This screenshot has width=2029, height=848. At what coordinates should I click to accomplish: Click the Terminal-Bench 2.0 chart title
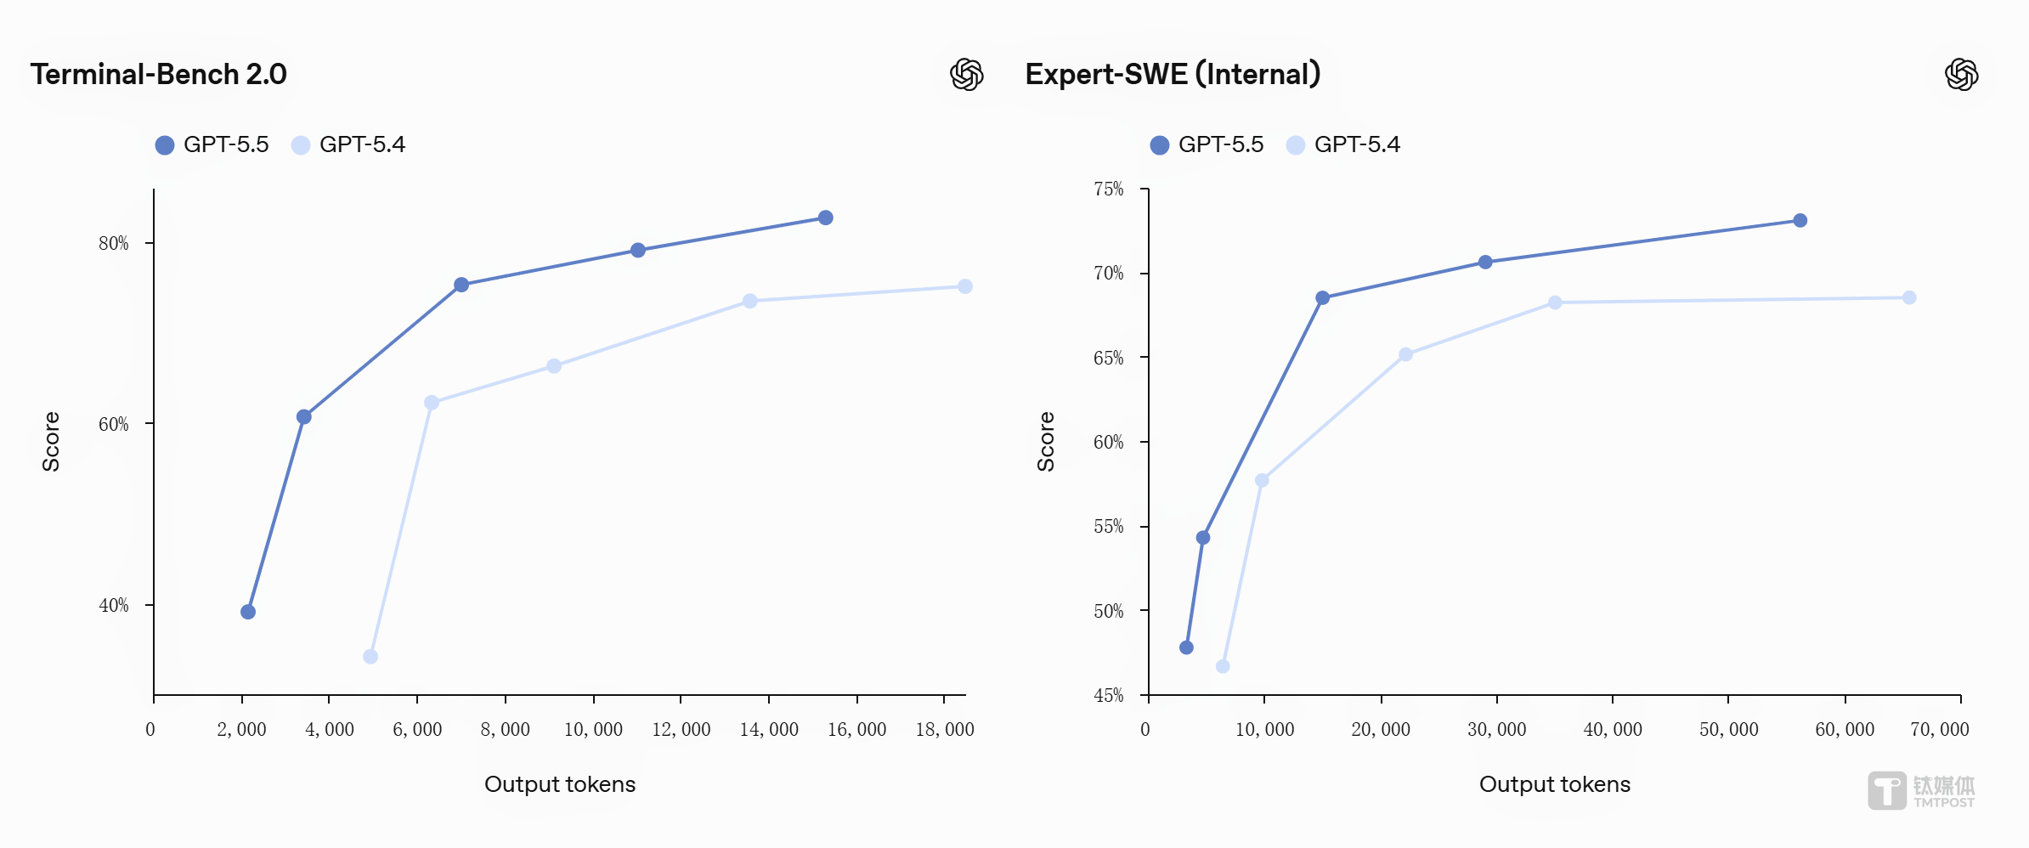159,75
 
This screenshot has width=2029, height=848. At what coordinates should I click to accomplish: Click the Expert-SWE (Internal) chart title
1173,75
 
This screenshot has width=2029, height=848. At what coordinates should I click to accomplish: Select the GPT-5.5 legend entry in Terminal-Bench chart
212,145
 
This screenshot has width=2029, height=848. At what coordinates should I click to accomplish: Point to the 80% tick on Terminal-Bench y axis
114,244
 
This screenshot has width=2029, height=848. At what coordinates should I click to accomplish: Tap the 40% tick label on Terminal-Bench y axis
114,606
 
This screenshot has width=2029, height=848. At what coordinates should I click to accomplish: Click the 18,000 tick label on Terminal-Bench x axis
945,730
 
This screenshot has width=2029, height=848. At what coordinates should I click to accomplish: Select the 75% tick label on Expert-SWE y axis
1108,189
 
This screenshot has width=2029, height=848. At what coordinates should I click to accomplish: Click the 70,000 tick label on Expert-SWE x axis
1940,730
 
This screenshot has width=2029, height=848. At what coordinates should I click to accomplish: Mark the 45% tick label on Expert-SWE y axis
1108,696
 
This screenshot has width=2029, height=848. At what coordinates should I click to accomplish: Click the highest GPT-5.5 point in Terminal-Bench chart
825,218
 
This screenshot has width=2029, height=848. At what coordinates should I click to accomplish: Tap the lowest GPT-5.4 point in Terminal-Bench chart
370,657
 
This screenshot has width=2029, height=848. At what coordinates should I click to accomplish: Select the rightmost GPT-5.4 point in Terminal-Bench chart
965,287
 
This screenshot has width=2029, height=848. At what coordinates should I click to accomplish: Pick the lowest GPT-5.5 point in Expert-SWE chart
1186,647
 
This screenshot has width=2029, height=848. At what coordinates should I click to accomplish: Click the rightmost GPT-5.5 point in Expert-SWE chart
1800,221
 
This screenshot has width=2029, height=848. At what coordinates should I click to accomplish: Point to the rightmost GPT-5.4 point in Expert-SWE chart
1909,298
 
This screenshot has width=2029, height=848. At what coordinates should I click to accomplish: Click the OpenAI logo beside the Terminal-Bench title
967,75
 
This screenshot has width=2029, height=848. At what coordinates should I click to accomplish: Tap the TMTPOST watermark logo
1921,791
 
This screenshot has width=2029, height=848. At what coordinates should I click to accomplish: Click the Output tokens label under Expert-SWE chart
1555,784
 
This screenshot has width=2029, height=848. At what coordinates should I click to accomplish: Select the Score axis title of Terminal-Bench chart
51,442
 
